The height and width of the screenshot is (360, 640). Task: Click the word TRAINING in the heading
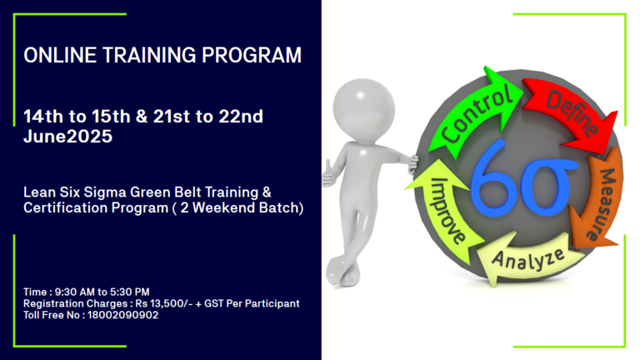click(149, 55)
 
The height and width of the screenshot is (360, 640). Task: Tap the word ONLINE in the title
click(60, 55)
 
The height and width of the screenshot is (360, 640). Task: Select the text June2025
click(67, 137)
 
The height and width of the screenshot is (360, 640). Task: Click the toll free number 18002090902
click(122, 315)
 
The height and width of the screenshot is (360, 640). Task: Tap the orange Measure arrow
click(599, 200)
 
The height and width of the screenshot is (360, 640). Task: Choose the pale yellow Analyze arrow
click(527, 258)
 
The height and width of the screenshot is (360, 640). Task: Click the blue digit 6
click(492, 180)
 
